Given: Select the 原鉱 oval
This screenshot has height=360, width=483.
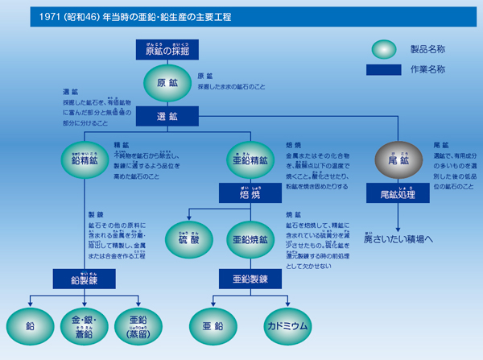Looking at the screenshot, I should pos(167,84).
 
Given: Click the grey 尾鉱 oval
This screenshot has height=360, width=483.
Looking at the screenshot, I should pos(396,159).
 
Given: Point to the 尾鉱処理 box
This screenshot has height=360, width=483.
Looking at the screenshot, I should pos(396,194).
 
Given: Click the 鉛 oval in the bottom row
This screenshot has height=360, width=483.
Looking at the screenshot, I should pos(30,329).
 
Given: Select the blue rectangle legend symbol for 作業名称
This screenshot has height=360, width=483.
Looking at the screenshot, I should pos(383,69).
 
